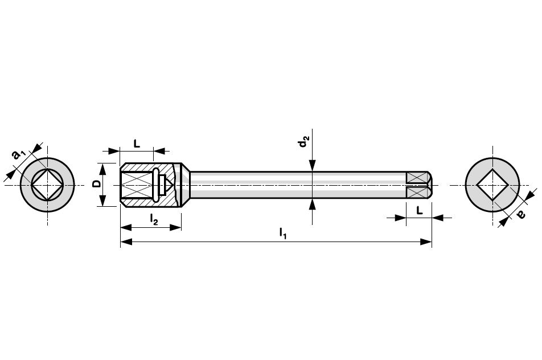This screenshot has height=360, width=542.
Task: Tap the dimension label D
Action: tap(97, 183)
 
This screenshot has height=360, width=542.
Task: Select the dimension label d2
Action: tap(304, 141)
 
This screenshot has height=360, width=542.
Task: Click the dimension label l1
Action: tap(283, 233)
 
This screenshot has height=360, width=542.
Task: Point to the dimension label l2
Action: tap(154, 219)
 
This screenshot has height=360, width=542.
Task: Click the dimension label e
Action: tap(521, 214)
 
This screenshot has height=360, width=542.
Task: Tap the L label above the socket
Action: tap(137, 144)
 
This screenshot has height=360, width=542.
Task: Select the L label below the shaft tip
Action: tap(419, 210)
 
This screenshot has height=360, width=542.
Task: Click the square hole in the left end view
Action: tap(47, 185)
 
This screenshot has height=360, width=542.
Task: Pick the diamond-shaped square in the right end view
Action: tap(492, 185)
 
